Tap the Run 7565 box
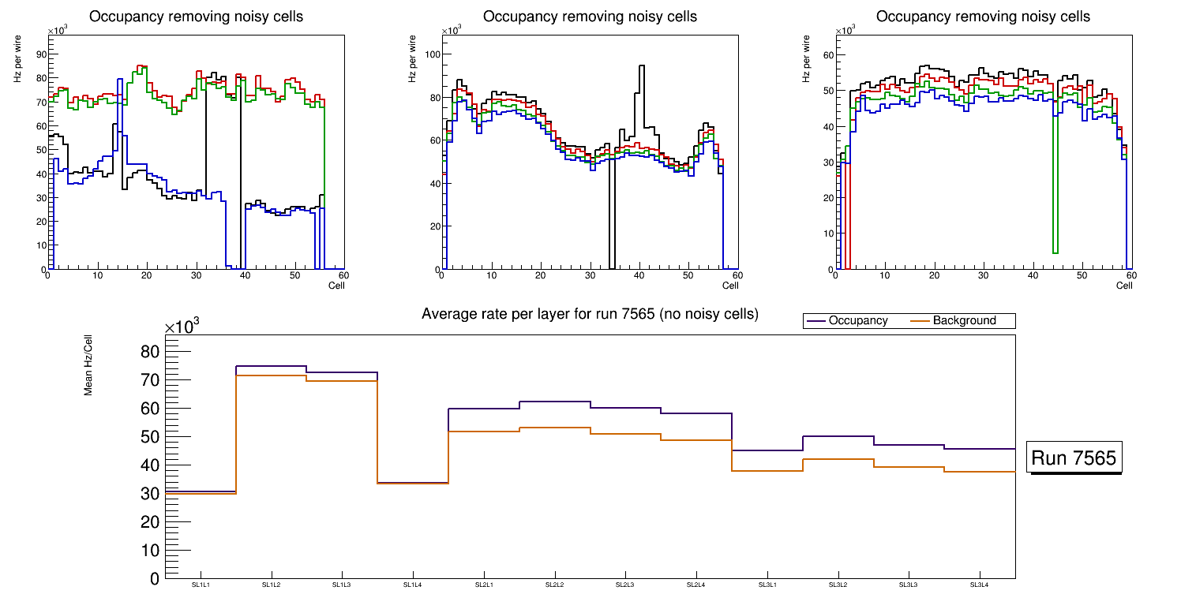click(x=1074, y=458)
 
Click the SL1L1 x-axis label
click(x=201, y=585)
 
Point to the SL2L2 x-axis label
click(x=554, y=585)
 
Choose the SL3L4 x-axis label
click(x=979, y=585)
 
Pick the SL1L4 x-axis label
click(x=413, y=585)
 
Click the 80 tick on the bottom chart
click(x=150, y=352)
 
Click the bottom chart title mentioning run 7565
click(x=590, y=314)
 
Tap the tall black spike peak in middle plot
click(x=641, y=66)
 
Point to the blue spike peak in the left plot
click(x=119, y=79)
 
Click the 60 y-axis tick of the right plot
click(x=829, y=54)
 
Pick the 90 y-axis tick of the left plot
click(x=40, y=54)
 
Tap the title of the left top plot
click(x=196, y=17)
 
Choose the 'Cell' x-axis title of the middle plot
click(x=730, y=285)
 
